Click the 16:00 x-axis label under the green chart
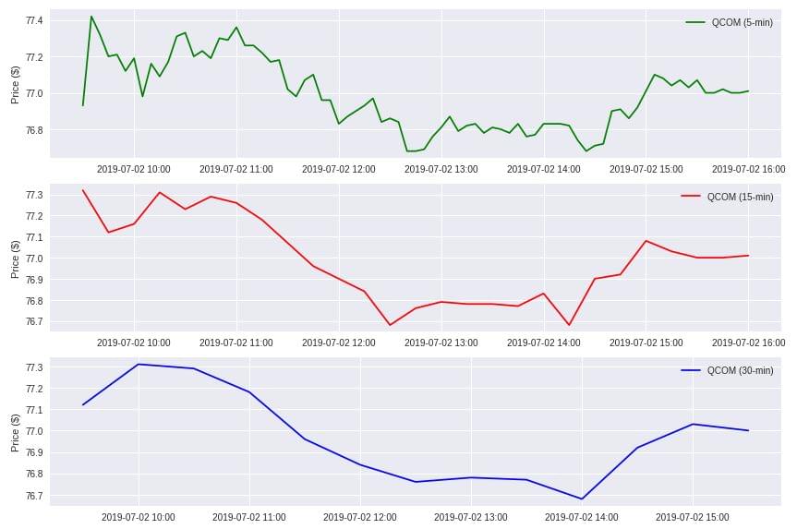(x=748, y=169)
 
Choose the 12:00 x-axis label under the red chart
(x=339, y=343)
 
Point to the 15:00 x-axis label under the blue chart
(x=693, y=517)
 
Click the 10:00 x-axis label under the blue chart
(x=139, y=517)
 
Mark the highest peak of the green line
(x=91, y=17)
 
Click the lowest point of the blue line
(x=582, y=499)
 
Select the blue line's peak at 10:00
(x=139, y=364)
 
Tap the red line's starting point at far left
(x=83, y=190)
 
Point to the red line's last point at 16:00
(x=748, y=256)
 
